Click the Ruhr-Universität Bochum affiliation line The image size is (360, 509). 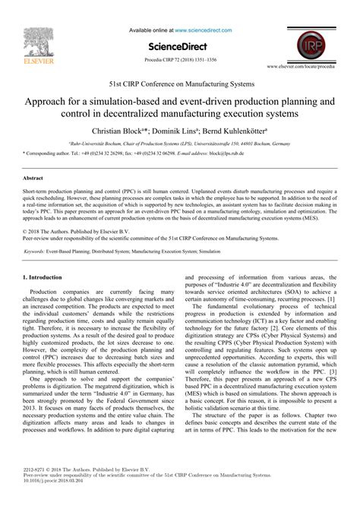tap(180, 142)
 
